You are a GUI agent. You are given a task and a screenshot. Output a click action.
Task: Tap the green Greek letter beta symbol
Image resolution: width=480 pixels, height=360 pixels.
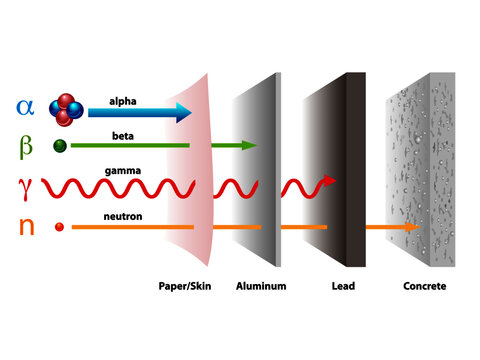point(26,146)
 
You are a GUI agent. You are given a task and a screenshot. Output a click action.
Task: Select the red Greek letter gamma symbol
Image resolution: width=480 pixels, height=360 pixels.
point(26,186)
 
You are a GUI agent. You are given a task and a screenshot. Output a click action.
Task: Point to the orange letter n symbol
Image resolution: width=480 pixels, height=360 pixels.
point(26,227)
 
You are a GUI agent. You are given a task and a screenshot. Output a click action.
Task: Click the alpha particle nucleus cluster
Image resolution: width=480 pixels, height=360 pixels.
point(67,108)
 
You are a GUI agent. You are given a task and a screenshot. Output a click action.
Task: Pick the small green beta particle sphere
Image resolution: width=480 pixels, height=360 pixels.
point(61,145)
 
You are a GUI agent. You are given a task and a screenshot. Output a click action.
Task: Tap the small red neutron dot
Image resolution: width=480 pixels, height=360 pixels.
point(60,228)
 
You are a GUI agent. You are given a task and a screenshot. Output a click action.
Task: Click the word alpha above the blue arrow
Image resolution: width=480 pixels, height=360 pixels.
point(123,100)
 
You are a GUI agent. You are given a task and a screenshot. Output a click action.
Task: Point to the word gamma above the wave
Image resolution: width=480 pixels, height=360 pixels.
point(123,171)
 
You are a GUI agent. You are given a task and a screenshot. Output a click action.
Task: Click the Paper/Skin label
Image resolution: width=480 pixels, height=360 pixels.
point(187,286)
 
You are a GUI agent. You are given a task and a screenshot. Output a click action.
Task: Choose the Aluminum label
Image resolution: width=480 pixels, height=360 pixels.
point(261,286)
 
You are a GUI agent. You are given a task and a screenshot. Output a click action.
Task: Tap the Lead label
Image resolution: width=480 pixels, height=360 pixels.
point(343,286)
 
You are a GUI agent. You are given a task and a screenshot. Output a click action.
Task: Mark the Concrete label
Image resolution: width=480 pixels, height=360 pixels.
point(424,286)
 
